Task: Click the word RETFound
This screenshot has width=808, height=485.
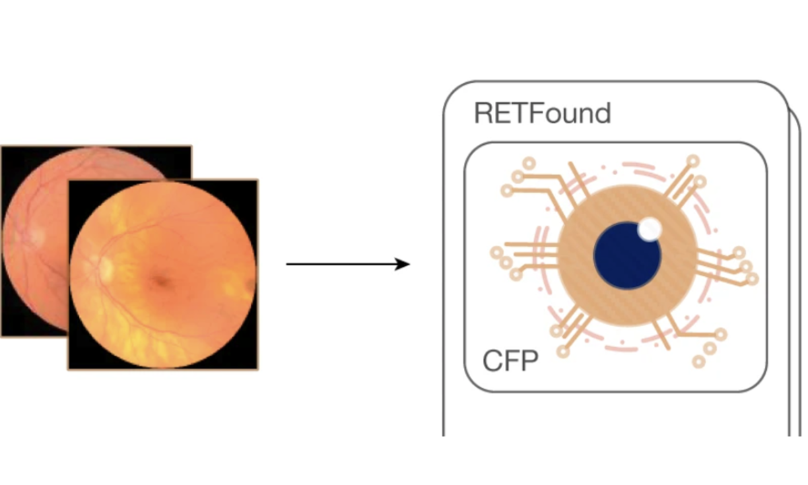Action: (x=542, y=113)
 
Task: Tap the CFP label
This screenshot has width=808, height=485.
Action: (x=510, y=362)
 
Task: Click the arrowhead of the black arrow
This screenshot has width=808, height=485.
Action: (x=404, y=264)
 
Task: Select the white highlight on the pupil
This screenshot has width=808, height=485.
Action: (x=650, y=229)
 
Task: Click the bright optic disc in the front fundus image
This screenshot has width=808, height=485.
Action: (x=106, y=267)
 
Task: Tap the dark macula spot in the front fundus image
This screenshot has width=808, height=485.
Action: (x=160, y=280)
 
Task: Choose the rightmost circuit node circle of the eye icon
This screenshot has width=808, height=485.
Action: (x=752, y=278)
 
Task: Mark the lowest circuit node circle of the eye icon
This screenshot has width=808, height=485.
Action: (x=700, y=362)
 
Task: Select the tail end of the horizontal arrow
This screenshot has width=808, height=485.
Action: (x=288, y=264)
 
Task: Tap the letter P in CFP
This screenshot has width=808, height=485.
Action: (x=529, y=362)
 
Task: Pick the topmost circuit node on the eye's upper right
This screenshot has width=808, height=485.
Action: (x=692, y=160)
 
